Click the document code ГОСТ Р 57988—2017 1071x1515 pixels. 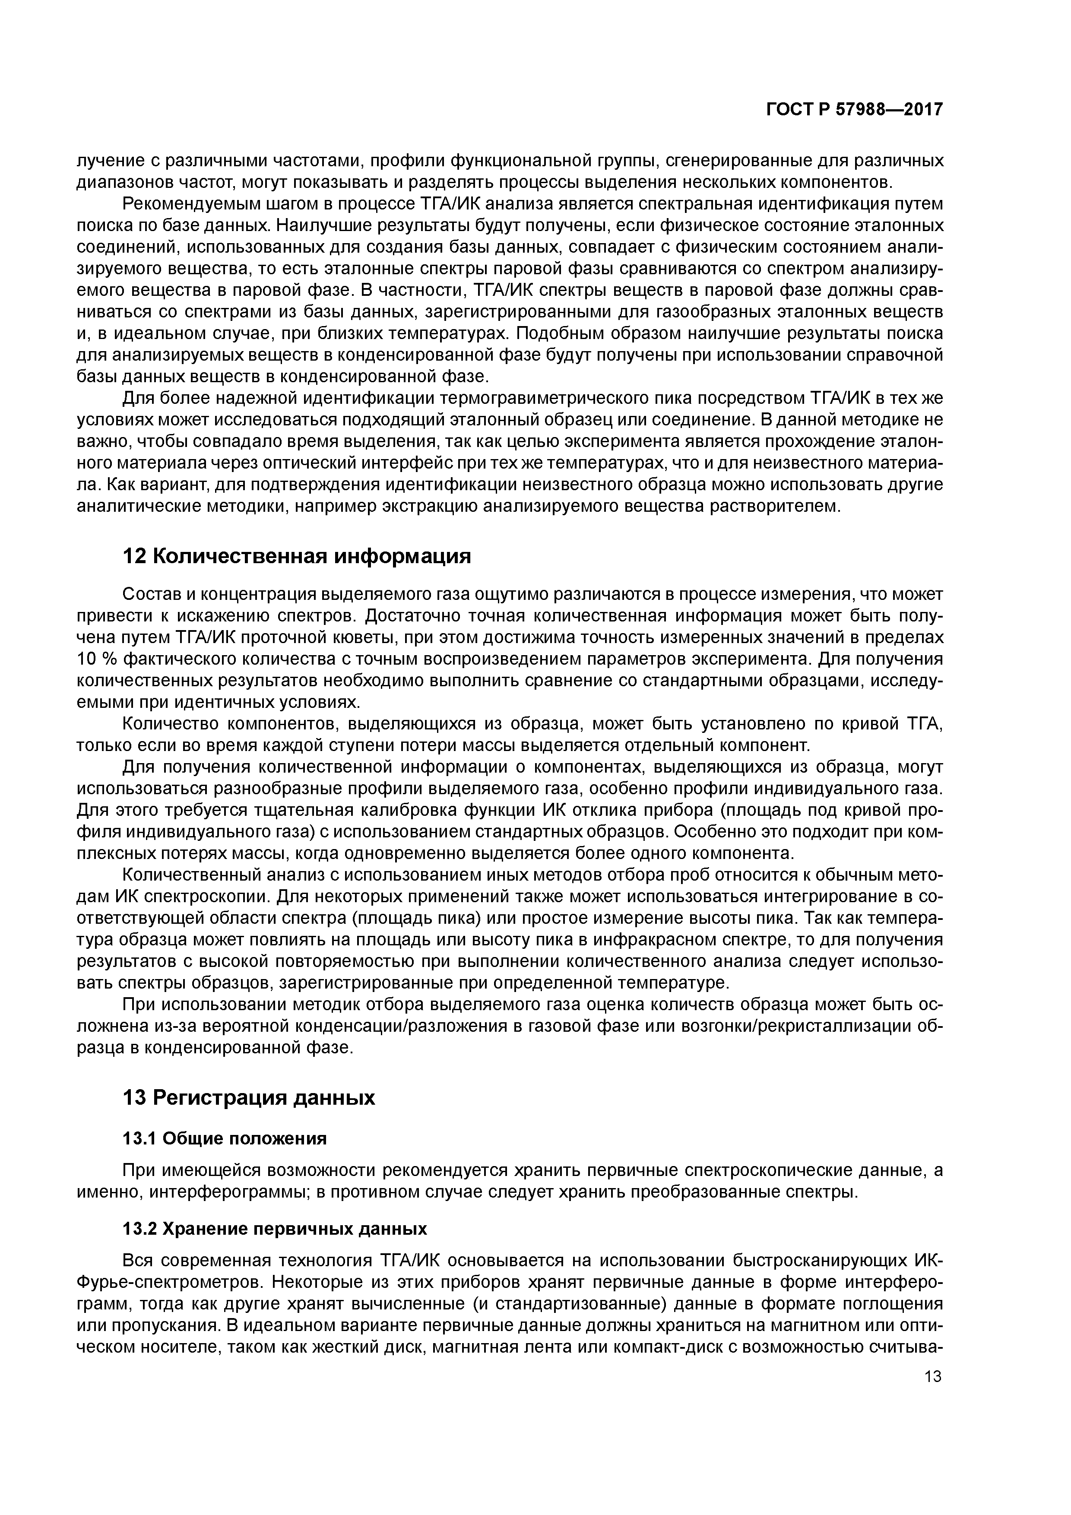(855, 110)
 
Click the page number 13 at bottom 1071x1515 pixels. (932, 1376)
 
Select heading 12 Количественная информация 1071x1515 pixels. (297, 556)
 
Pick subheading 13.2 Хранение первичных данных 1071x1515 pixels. (275, 1229)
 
